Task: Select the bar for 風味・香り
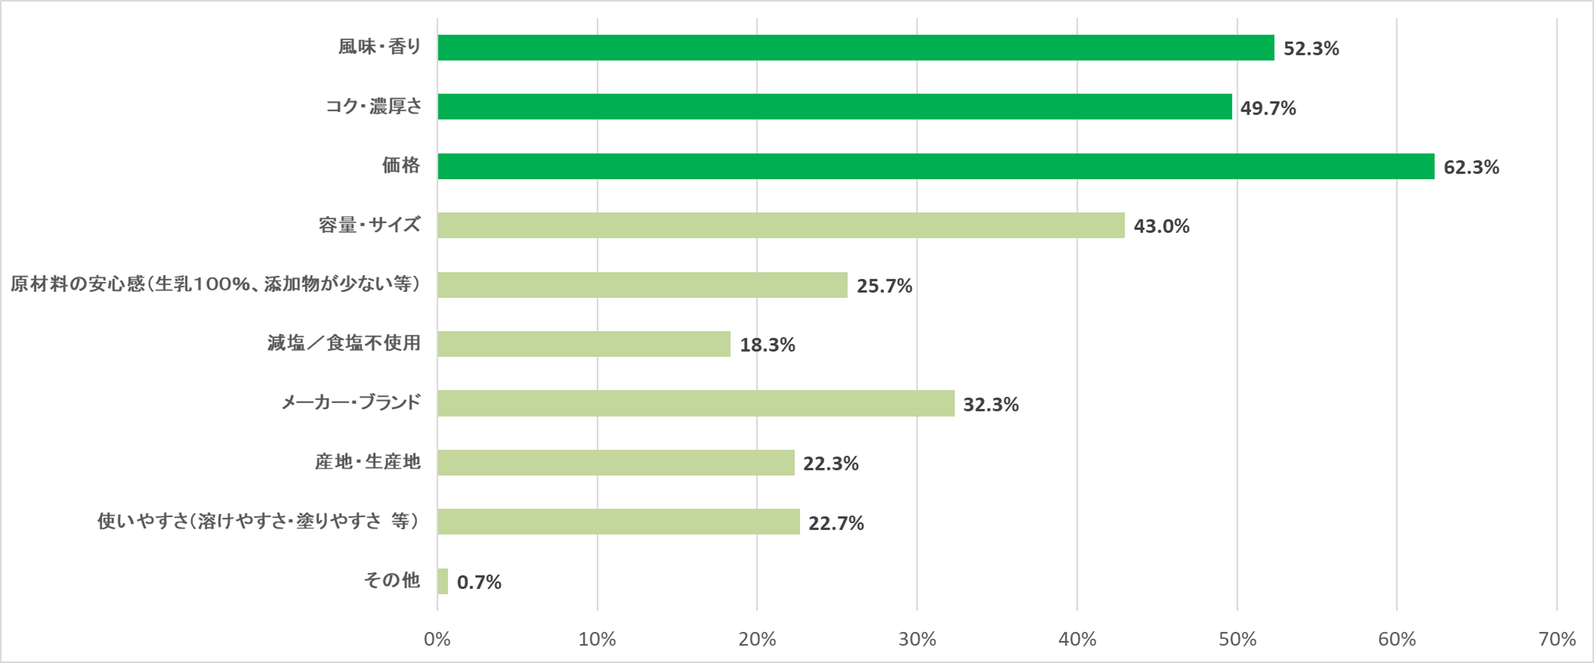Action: (856, 48)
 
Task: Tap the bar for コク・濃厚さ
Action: (835, 106)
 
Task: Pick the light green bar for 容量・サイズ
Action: (781, 225)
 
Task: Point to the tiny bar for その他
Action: (443, 581)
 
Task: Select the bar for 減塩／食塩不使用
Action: (584, 344)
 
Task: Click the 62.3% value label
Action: (1471, 167)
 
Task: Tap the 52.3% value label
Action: (1311, 48)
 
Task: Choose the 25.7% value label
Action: (884, 286)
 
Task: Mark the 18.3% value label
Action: (767, 345)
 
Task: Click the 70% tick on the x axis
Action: (1557, 639)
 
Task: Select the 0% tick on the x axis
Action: (437, 639)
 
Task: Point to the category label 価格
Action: (401, 165)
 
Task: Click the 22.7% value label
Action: (835, 523)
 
